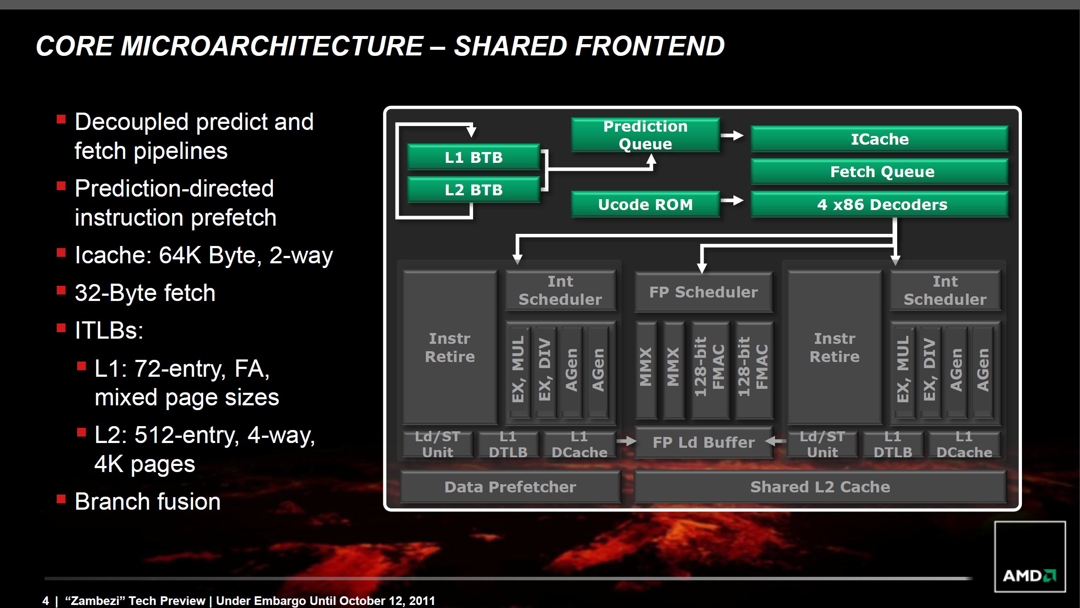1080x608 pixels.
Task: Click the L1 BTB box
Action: point(474,157)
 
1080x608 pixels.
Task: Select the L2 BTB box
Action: point(474,190)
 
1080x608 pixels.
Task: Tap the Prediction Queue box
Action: point(645,135)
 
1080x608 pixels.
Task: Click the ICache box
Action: point(879,139)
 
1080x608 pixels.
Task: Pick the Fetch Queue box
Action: point(879,171)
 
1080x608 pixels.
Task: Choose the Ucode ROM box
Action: point(645,204)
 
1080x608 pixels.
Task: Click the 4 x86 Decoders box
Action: point(879,204)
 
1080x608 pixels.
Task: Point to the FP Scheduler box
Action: point(703,292)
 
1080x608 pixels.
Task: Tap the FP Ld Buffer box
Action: point(703,442)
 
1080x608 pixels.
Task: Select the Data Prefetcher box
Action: point(510,487)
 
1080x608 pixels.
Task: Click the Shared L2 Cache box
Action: point(820,487)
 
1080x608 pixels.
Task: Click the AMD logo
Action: point(1029,575)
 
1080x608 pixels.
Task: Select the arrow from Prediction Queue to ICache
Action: point(733,136)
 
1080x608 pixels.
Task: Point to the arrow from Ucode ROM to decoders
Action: point(733,201)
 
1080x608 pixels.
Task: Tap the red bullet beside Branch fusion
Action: point(61,499)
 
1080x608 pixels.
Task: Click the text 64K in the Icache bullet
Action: point(180,255)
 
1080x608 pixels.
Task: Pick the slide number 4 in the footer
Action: point(45,601)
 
